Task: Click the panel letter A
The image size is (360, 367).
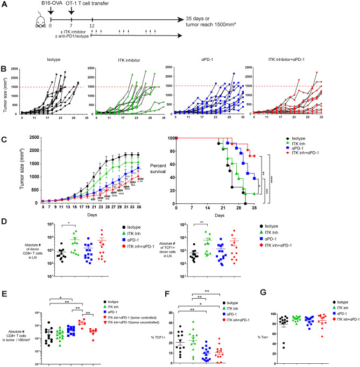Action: click(4, 4)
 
